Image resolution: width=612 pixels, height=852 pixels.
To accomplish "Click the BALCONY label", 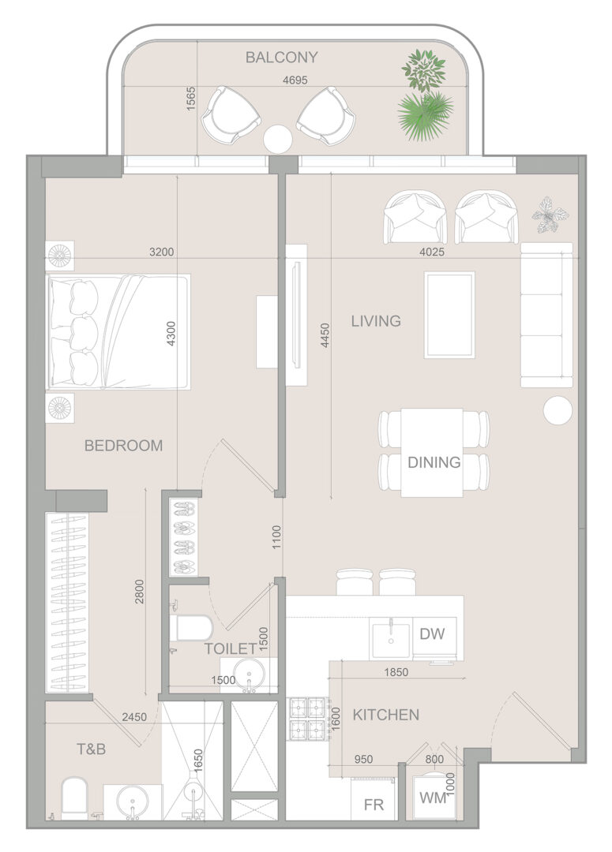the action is click(281, 57).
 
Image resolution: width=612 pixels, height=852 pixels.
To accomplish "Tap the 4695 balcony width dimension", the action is click(295, 80).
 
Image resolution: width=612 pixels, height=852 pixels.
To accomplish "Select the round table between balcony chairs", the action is click(278, 139).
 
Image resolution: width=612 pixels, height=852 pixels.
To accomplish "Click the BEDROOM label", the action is click(123, 446).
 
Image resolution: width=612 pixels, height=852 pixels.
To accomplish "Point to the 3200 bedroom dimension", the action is click(162, 252).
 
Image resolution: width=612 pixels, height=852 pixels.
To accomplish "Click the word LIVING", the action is click(376, 320).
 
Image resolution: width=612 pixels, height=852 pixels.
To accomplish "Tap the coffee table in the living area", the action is click(449, 315).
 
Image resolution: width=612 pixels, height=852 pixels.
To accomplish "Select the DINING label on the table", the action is click(434, 462).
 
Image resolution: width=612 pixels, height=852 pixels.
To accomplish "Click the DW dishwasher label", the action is click(432, 633).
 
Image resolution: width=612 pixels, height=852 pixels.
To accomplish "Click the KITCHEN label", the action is click(385, 715).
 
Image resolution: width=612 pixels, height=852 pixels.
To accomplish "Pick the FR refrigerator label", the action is click(374, 804).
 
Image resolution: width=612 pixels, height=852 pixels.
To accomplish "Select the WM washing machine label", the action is click(433, 798).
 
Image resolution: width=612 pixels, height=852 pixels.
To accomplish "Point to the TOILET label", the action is click(231, 648).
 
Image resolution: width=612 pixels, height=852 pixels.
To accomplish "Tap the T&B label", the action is click(91, 749).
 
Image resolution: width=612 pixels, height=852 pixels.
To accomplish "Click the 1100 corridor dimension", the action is click(276, 537).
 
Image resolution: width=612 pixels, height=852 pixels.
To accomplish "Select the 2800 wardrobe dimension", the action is click(139, 592).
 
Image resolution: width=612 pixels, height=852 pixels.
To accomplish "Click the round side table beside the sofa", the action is click(558, 410).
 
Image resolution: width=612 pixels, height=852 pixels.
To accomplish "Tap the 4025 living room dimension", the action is click(432, 252).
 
